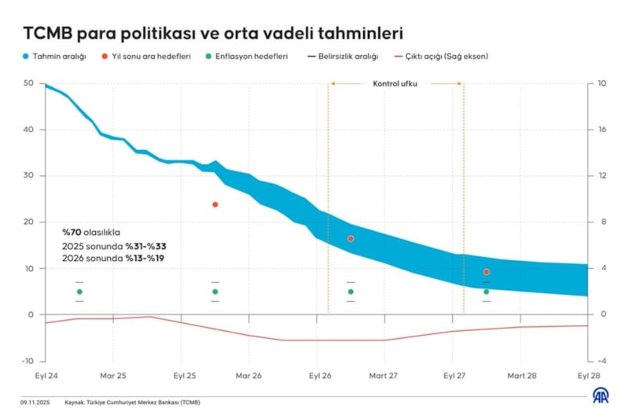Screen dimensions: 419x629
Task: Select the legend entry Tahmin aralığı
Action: coord(54,57)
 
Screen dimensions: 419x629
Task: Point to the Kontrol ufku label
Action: coord(395,83)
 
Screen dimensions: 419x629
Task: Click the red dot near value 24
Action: coord(215,204)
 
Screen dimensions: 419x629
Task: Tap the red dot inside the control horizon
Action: coord(351,238)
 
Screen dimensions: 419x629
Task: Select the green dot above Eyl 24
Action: coord(79,292)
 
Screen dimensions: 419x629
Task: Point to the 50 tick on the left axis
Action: coord(28,83)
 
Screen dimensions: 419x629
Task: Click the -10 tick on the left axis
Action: coord(28,361)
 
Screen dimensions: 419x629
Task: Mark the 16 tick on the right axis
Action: coord(602,130)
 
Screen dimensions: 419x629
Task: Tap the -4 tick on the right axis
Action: coord(601,361)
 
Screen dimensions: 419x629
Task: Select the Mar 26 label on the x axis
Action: coord(248,376)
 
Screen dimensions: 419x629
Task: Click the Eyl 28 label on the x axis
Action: coord(589,376)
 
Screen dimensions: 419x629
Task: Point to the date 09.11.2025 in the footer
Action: coord(35,402)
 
